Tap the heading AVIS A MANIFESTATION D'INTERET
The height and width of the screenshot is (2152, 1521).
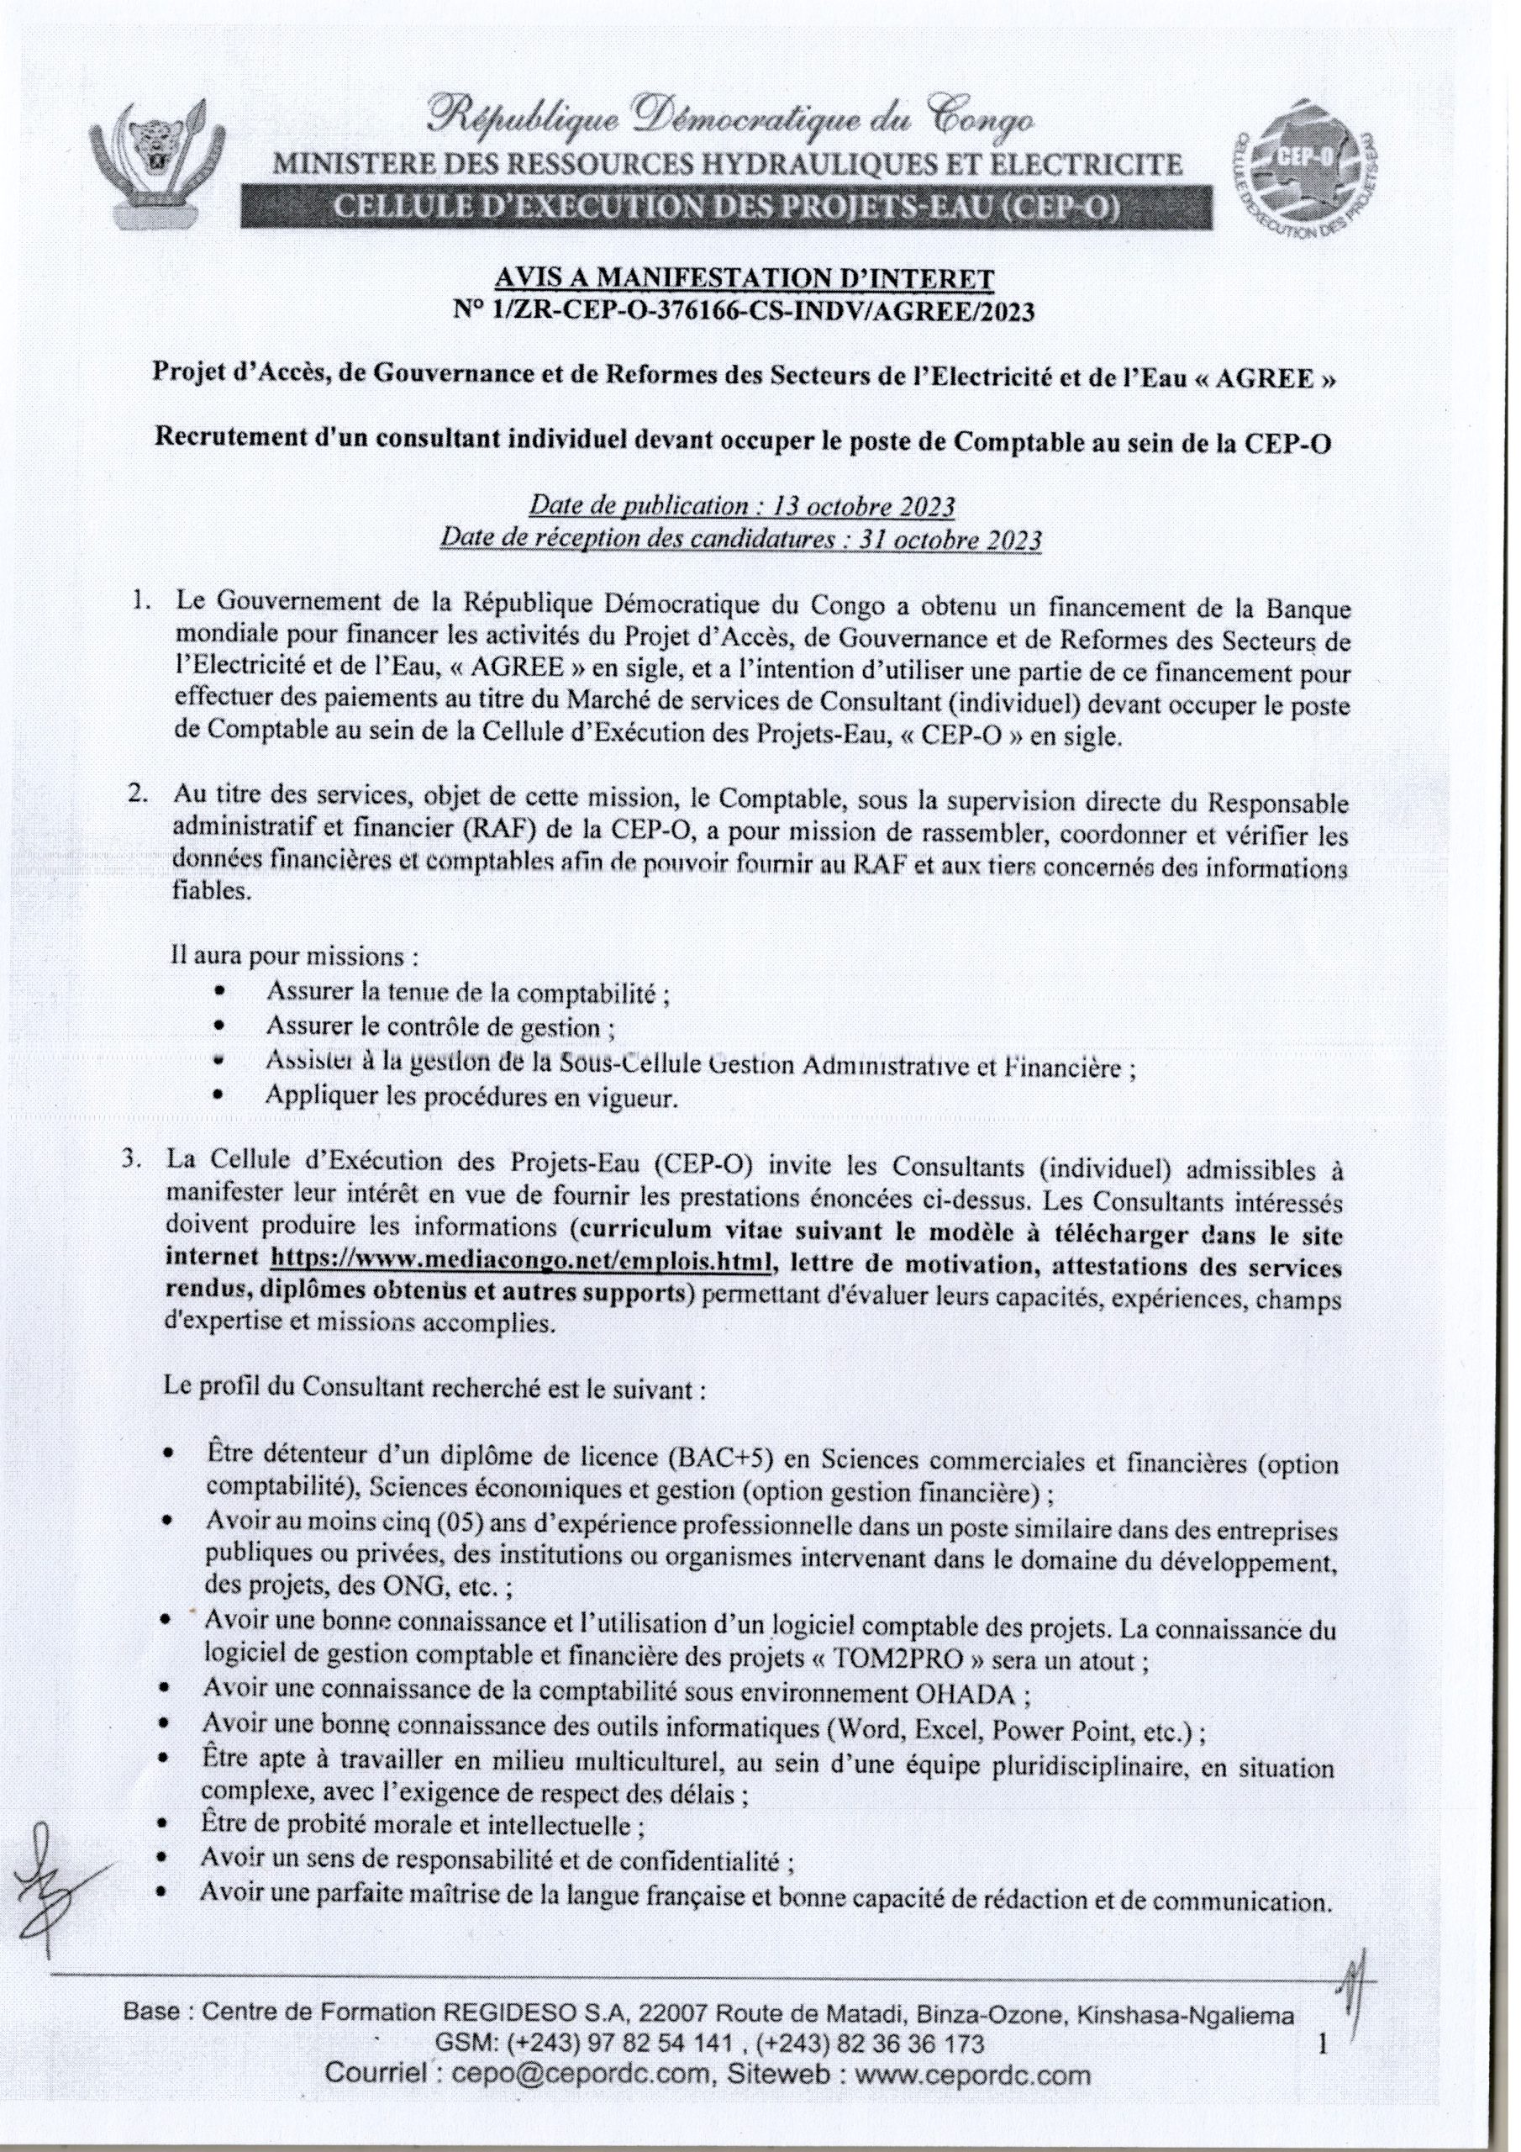pos(744,278)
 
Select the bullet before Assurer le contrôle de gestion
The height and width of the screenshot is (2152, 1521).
pos(219,1026)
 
